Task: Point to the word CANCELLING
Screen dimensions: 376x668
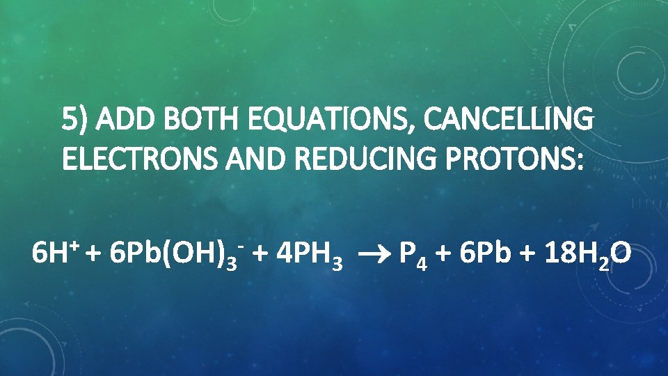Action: (509, 121)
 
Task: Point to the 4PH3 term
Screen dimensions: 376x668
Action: (309, 255)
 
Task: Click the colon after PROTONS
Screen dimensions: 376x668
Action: (580, 162)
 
